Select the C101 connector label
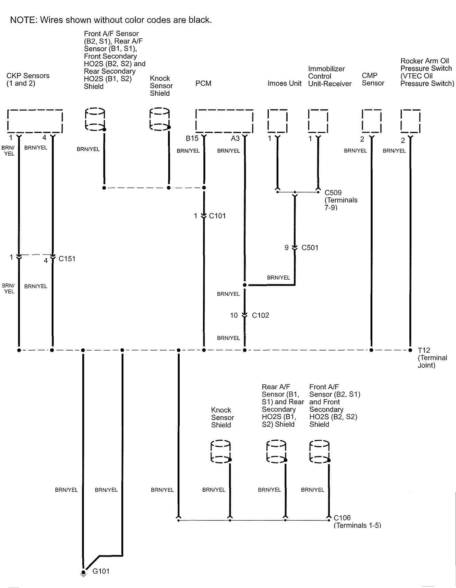[x=217, y=216]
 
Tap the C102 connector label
[x=260, y=315]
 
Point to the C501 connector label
[x=310, y=247]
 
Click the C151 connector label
[x=67, y=259]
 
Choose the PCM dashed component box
[x=224, y=121]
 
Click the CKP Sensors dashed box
[x=35, y=121]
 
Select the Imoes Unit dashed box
[x=277, y=121]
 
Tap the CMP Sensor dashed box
[x=372, y=121]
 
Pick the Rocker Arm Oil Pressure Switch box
[x=410, y=121]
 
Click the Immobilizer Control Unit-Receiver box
[x=318, y=121]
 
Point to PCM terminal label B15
[x=192, y=138]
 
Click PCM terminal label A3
[x=235, y=138]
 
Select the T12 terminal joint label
[x=424, y=350]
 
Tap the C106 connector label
[x=342, y=518]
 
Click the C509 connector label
[x=333, y=193]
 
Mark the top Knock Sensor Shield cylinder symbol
[x=160, y=119]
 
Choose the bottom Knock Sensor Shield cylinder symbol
[x=220, y=452]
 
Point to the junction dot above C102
[x=244, y=285]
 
